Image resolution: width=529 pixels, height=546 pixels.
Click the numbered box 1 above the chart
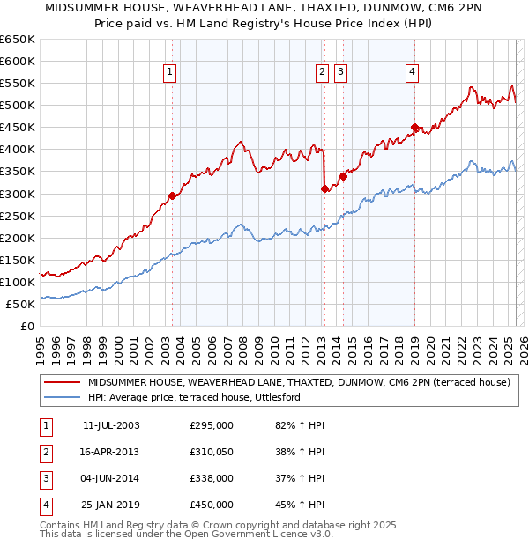[x=168, y=73]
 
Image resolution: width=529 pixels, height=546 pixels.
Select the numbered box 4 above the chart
[x=412, y=73]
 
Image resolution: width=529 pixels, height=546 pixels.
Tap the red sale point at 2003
[x=172, y=196]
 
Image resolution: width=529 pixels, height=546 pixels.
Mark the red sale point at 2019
[x=415, y=127]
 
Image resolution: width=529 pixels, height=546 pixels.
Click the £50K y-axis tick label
[x=21, y=304]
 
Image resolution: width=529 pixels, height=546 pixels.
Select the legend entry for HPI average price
[x=194, y=398]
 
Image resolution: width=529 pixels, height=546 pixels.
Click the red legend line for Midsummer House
[x=62, y=382]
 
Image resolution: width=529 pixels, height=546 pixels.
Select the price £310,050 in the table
[x=212, y=453]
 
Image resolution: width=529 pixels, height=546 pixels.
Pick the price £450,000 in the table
[x=212, y=505]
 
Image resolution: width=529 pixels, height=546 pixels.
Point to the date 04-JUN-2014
[x=111, y=479]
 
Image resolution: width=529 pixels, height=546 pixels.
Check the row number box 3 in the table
[x=45, y=479]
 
